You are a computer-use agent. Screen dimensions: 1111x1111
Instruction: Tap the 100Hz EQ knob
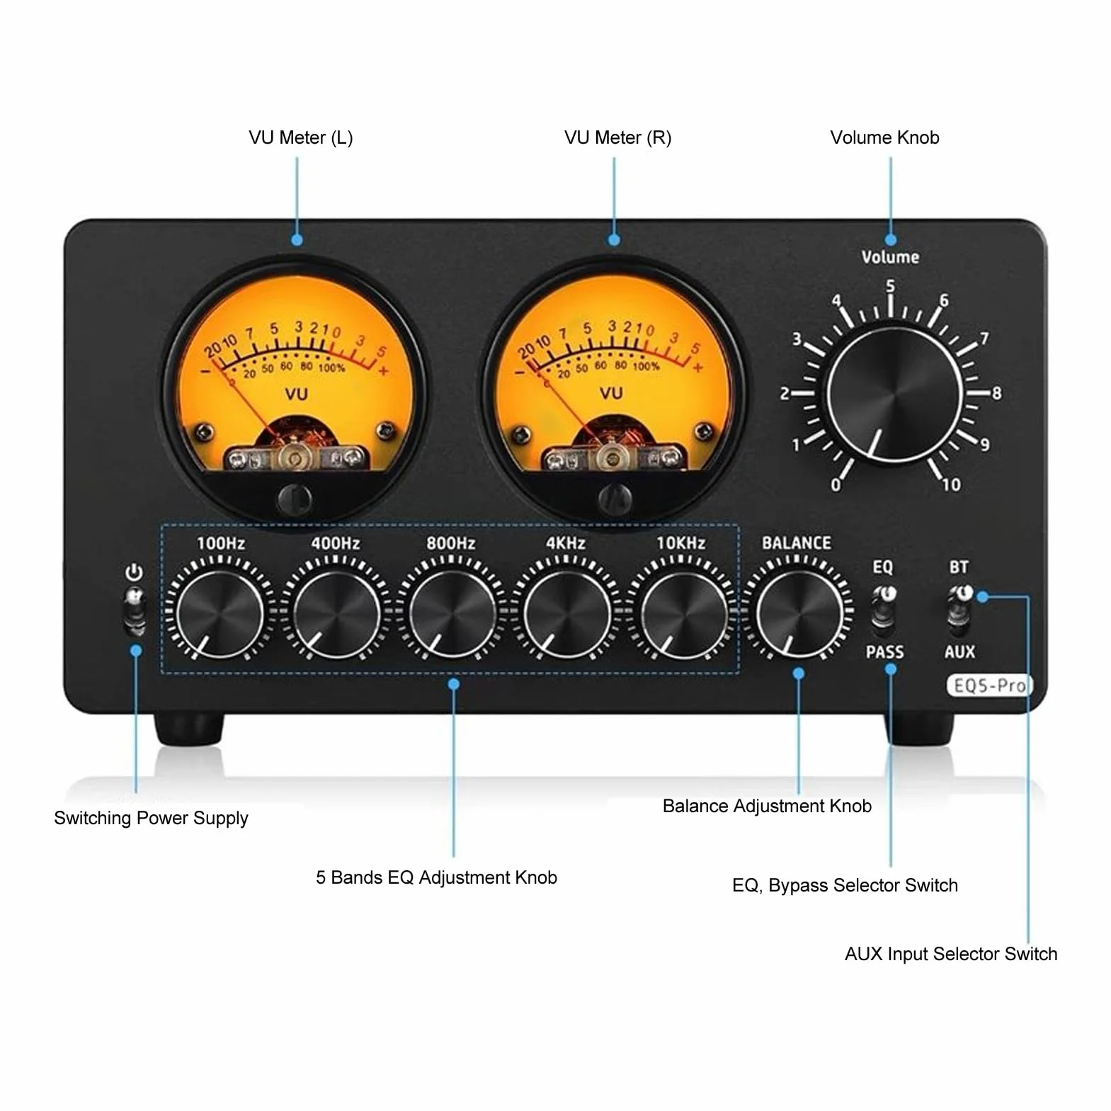point(220,613)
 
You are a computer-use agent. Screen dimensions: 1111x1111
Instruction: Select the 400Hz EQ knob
point(336,613)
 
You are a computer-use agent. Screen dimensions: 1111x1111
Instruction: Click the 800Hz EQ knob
point(451,613)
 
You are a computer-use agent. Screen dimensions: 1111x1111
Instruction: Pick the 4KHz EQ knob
point(566,613)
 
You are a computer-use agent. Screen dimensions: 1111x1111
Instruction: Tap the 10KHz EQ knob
point(682,613)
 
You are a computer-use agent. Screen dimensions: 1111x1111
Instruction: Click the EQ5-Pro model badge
point(989,685)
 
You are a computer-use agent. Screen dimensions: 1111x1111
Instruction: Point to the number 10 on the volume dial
point(952,484)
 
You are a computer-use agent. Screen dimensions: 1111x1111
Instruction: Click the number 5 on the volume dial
point(891,286)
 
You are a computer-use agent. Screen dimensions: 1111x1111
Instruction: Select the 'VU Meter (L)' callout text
point(301,137)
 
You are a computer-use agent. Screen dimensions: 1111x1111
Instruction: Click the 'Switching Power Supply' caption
point(151,819)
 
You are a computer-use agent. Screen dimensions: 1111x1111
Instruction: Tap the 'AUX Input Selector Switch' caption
point(951,954)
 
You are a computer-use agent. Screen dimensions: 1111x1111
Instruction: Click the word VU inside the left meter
point(296,394)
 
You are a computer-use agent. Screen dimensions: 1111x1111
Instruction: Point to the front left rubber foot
point(189,729)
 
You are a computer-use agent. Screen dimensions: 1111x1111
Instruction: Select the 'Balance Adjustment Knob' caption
point(767,807)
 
